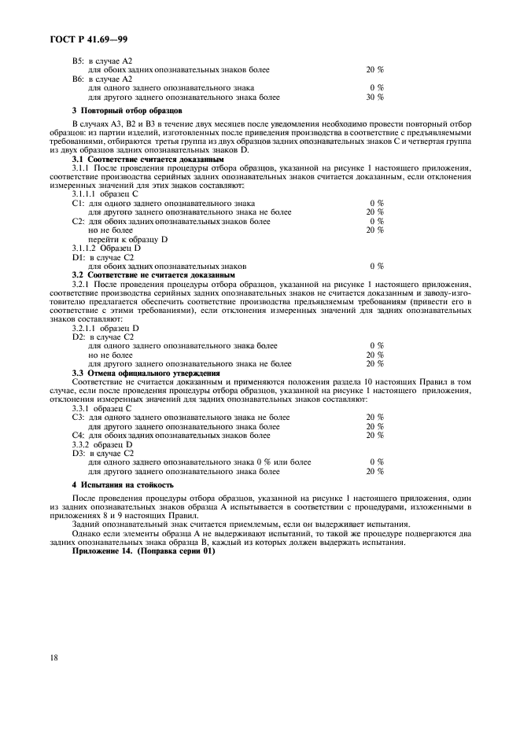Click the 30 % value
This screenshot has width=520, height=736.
click(374, 98)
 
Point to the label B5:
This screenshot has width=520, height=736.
click(78, 61)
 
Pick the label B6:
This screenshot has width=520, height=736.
click(78, 79)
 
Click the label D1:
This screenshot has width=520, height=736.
click(78, 257)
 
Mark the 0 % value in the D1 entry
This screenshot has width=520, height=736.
click(376, 267)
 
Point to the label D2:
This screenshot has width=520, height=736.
click(78, 337)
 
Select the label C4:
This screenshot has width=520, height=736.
click(78, 435)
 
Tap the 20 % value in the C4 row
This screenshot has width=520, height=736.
click(374, 435)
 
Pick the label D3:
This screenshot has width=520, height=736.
click(78, 453)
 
